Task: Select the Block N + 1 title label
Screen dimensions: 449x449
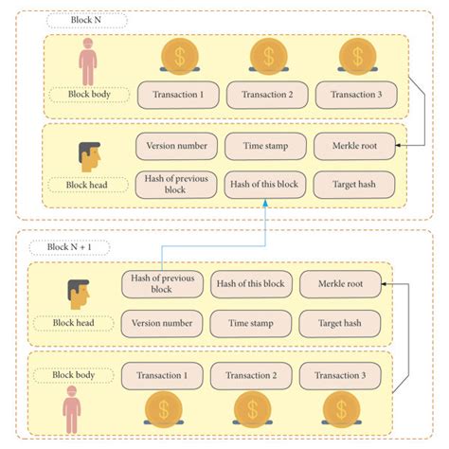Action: [68, 247]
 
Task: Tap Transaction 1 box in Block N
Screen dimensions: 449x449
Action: [179, 94]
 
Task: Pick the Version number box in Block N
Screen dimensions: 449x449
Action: [176, 146]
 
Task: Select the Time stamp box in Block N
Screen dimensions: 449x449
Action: [266, 146]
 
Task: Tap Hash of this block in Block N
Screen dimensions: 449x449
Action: [266, 184]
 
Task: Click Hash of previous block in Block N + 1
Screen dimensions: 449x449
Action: [162, 283]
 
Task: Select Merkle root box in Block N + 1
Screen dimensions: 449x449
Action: [340, 283]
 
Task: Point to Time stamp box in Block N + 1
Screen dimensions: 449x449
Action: [250, 324]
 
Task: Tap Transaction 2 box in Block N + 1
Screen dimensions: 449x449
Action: [250, 375]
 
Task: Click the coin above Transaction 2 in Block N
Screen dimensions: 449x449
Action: [268, 57]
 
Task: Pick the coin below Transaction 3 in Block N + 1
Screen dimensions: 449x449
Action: [340, 409]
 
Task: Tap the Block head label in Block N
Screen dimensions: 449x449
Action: [87, 186]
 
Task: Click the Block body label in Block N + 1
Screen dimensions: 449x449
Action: [74, 375]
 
